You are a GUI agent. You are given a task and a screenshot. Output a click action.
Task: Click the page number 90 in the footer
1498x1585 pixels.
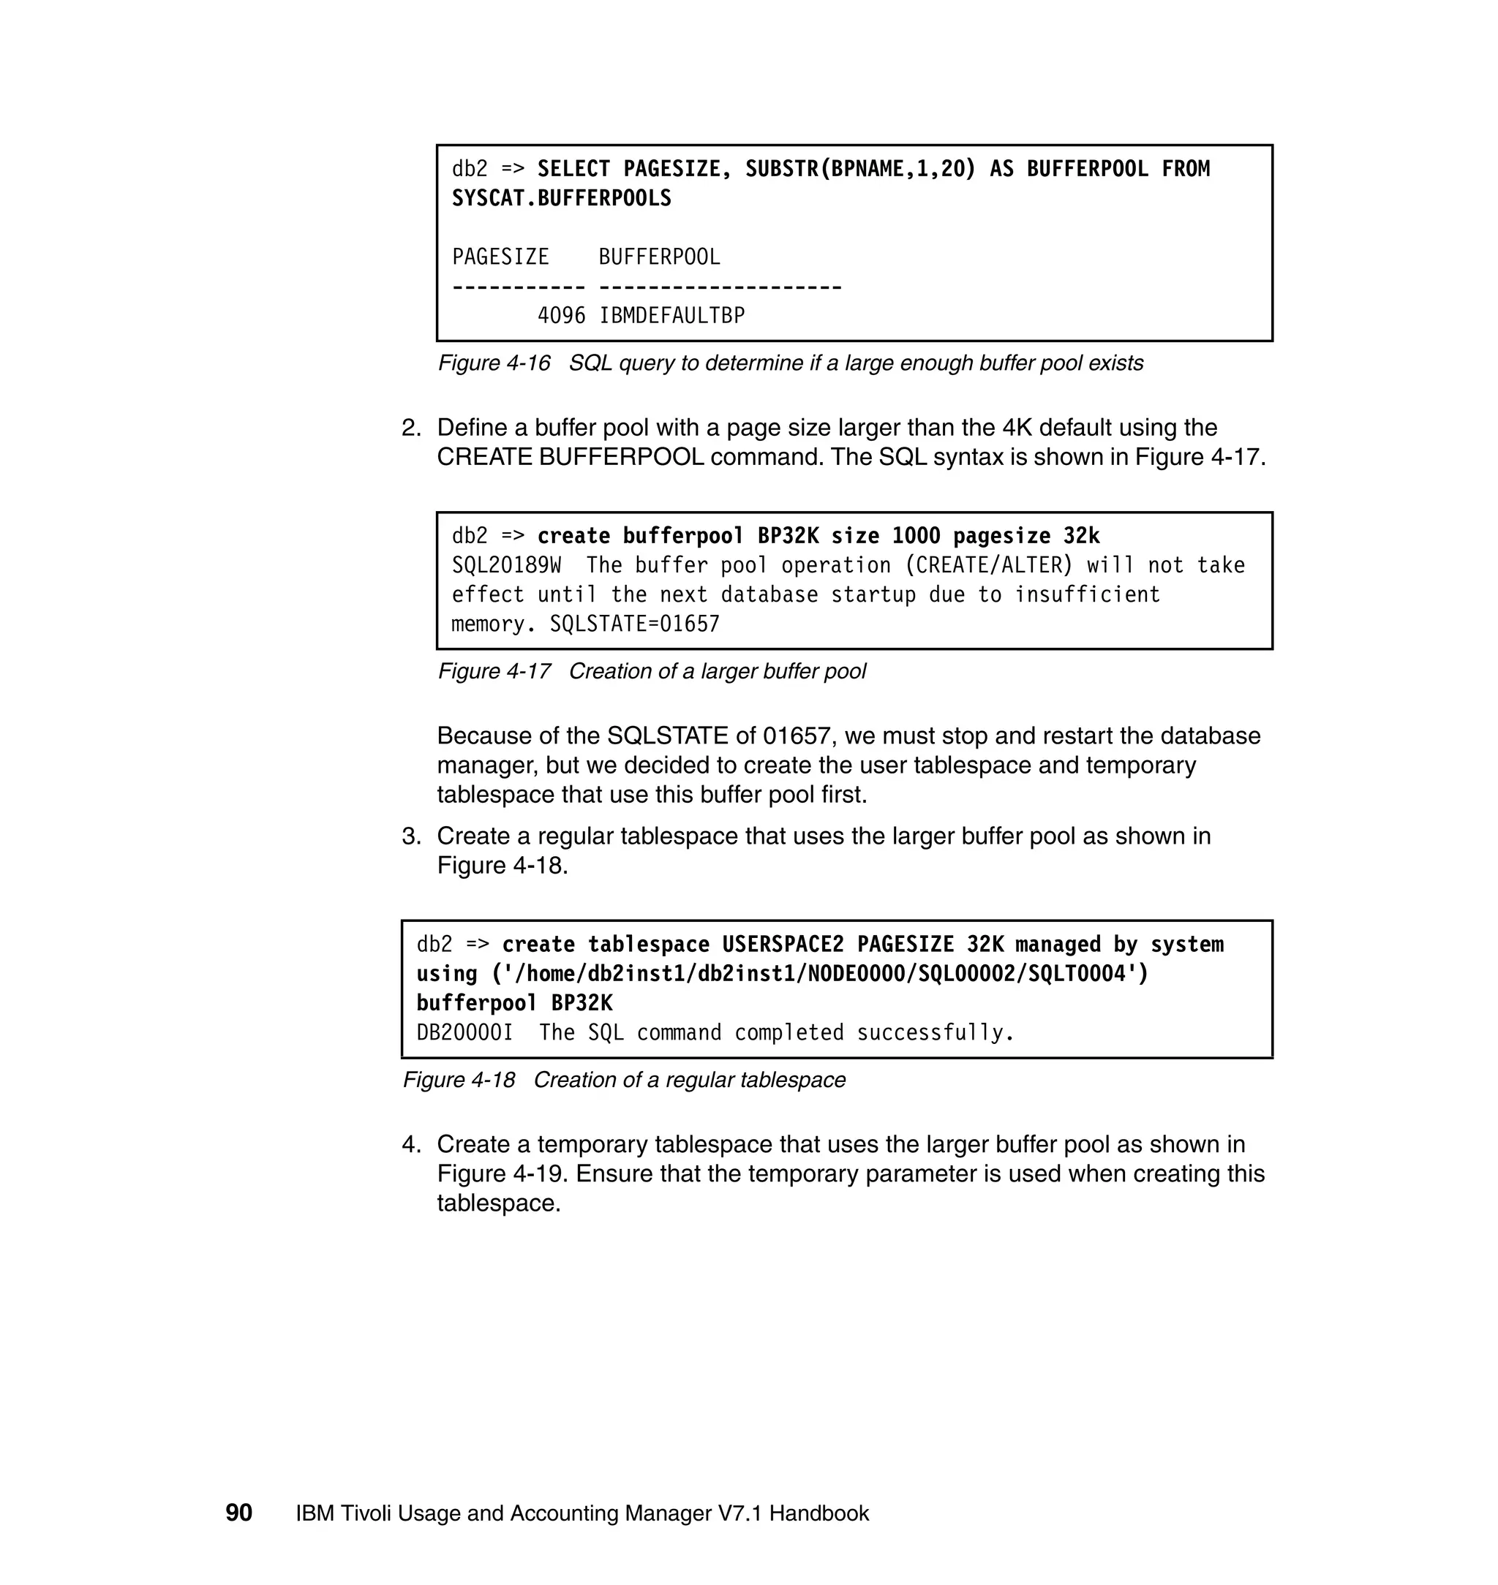click(238, 1513)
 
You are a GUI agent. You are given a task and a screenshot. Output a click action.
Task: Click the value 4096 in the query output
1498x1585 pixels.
click(561, 316)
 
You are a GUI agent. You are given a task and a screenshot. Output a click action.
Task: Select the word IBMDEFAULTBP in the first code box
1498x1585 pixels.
click(671, 316)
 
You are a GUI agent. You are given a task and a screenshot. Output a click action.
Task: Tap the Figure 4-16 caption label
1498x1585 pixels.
click(494, 363)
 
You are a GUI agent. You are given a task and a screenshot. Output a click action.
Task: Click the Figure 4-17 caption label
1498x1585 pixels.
click(494, 671)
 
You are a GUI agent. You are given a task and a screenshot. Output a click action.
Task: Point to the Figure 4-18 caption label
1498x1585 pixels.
click(459, 1080)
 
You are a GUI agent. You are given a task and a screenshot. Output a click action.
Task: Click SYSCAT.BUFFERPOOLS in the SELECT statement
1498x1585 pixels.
click(561, 198)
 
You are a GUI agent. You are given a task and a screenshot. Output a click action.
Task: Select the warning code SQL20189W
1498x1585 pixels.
click(506, 565)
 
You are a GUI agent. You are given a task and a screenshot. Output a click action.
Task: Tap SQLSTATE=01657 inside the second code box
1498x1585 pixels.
click(635, 624)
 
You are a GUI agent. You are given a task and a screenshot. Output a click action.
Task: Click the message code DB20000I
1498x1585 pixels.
click(464, 1033)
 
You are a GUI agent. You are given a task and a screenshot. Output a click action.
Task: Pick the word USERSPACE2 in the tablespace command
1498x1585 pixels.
click(783, 945)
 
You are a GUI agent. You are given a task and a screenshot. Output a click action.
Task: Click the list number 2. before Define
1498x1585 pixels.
click(411, 428)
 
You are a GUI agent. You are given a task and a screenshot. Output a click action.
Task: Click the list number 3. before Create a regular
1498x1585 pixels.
click(411, 836)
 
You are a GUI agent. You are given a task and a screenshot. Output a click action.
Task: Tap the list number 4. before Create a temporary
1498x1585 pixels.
click(411, 1144)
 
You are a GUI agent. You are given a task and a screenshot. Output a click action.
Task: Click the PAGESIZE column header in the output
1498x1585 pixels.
click(500, 257)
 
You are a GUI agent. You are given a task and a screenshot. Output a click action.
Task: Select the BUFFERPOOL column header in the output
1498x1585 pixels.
click(659, 257)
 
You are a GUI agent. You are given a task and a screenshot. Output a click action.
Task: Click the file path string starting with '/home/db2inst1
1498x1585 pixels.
click(820, 975)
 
